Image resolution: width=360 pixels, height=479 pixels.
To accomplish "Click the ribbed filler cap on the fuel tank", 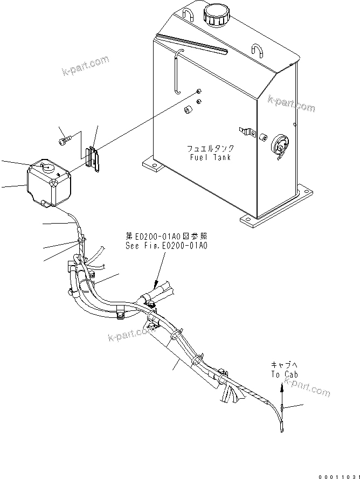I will coord(216,16).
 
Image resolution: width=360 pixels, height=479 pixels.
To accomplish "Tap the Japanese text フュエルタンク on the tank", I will coord(210,148).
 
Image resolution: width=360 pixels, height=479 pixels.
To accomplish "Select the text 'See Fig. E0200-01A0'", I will coord(165,245).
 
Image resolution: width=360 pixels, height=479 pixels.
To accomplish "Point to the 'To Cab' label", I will coord(283,374).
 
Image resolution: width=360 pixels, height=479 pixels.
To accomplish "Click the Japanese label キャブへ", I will coord(283,365).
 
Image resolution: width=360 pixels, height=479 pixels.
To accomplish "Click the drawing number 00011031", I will coord(337,473).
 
